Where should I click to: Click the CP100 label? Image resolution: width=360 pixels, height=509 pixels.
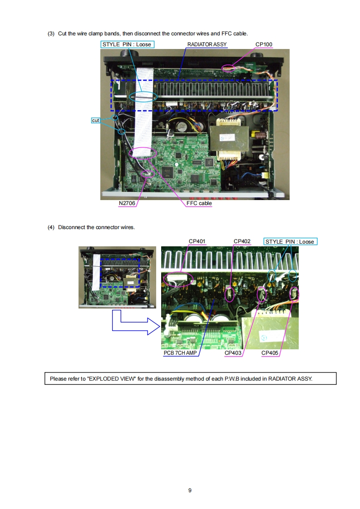coord(264,44)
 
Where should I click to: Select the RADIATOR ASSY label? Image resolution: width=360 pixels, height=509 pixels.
coord(207,44)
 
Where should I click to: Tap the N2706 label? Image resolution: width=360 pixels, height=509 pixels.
coord(127,203)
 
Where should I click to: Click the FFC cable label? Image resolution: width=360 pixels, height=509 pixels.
coord(199,203)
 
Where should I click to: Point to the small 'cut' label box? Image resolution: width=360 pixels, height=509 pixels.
coord(95,120)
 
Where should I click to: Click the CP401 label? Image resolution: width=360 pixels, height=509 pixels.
coord(197,241)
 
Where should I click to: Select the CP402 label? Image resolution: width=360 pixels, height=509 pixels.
coord(242,241)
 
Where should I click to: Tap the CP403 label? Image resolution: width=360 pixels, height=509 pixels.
coord(233,353)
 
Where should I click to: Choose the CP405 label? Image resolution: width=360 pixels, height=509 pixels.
coord(270,353)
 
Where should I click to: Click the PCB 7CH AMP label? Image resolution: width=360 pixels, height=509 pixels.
coord(180,353)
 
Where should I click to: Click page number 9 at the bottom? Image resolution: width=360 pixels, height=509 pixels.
coord(190,490)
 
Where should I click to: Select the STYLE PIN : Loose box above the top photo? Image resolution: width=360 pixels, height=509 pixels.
coord(128,44)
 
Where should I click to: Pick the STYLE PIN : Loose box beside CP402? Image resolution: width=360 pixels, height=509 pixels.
coord(290,241)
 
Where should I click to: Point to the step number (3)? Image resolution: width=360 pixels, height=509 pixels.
coord(51,34)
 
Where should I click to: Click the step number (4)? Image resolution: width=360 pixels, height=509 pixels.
coord(51,227)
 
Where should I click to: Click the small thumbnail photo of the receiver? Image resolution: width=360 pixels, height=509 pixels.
coord(117,277)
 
